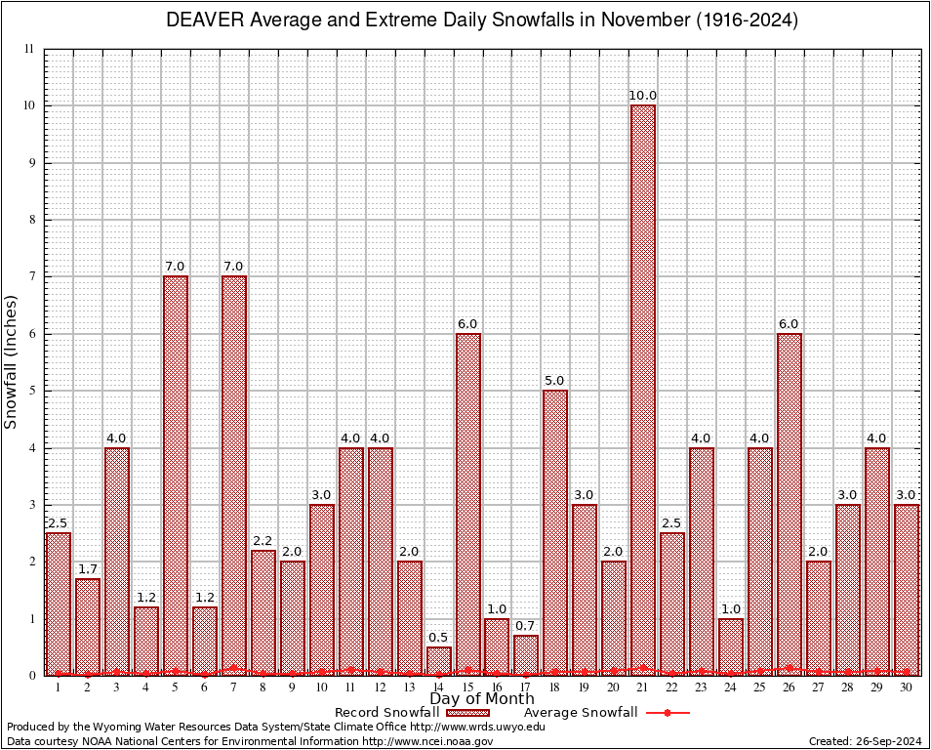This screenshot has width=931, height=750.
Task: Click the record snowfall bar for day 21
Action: point(643,391)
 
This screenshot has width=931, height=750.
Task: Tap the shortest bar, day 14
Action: point(439,661)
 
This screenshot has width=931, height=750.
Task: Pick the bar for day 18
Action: point(555,532)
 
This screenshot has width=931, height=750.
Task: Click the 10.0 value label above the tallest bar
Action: point(643,96)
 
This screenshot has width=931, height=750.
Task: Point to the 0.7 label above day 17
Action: point(526,626)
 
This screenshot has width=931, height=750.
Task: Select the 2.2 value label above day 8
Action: point(263,540)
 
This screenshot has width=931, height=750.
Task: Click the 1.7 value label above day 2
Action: point(88,569)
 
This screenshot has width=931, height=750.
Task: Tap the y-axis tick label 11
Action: point(30,49)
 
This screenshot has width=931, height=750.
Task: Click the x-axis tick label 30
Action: point(907,687)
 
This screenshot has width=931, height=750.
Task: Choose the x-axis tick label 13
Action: point(410,687)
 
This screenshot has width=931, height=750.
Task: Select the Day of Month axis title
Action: point(482,699)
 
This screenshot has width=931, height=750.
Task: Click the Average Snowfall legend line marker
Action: point(668,712)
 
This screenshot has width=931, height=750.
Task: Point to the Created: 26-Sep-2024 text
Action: point(866,741)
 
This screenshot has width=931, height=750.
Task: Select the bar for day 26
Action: point(789,504)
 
